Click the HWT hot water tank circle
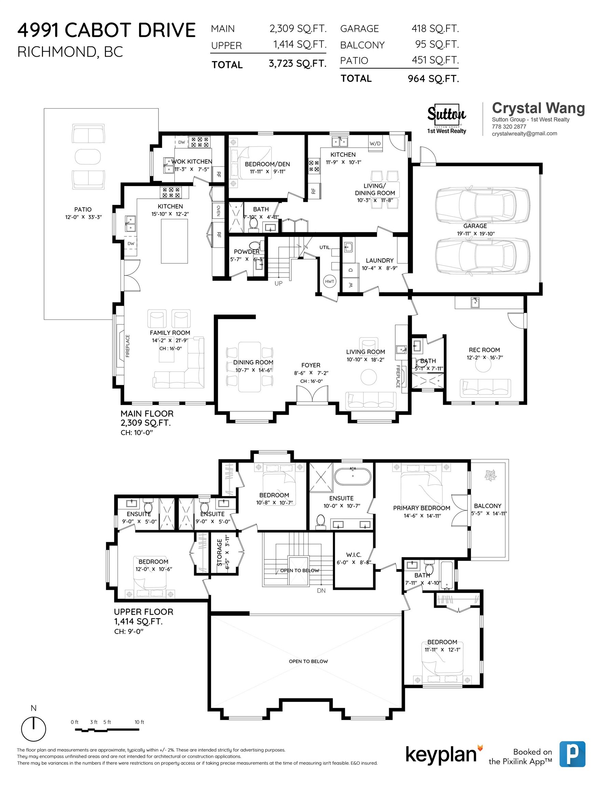[x=329, y=281]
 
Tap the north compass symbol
[x=33, y=729]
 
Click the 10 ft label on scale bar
[x=139, y=722]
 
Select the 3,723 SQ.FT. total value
[x=297, y=64]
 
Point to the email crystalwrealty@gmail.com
[x=524, y=133]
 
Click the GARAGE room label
[x=475, y=226]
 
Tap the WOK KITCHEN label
[x=191, y=162]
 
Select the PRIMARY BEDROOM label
[x=421, y=508]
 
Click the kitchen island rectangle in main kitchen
[x=175, y=241]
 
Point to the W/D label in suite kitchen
[x=375, y=143]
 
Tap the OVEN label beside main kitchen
[x=218, y=210]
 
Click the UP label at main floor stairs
[x=278, y=283]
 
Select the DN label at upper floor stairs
[x=321, y=591]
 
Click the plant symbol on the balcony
[x=490, y=475]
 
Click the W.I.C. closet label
[x=354, y=555]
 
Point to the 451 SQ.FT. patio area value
[x=435, y=60]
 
